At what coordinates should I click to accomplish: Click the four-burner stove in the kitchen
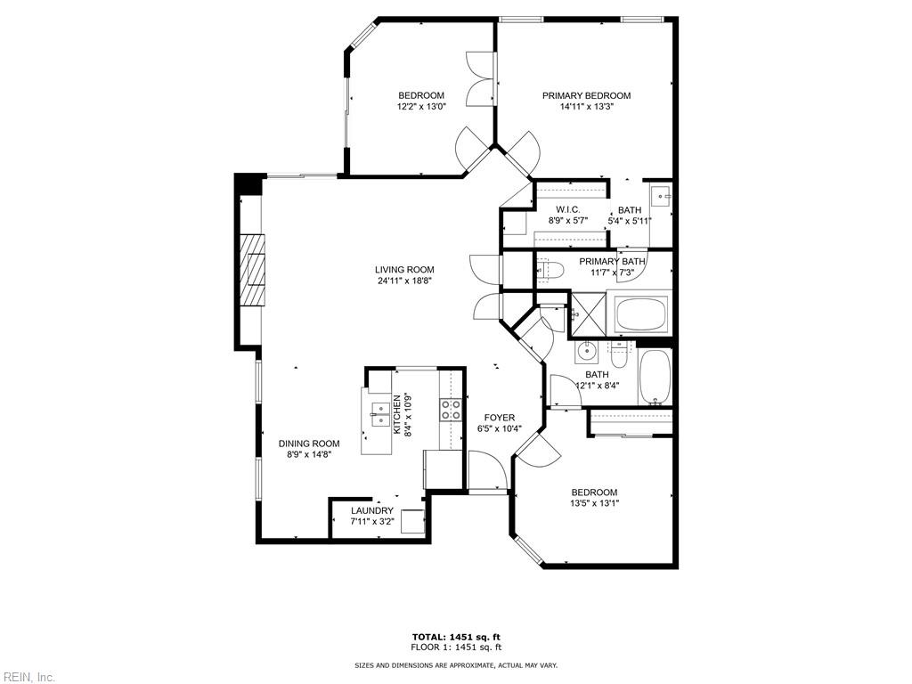click(x=452, y=409)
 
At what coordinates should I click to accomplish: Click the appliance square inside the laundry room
click(x=412, y=521)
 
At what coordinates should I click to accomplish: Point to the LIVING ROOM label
click(x=403, y=270)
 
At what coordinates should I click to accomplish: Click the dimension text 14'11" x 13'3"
click(x=586, y=107)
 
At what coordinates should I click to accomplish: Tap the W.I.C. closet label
click(x=567, y=210)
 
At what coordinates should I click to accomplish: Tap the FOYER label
click(x=499, y=418)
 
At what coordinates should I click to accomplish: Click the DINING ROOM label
click(x=309, y=444)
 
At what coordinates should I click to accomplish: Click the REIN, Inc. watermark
click(x=28, y=677)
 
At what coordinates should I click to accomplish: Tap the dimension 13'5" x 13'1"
click(x=593, y=503)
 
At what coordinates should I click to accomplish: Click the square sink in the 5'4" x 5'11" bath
click(x=662, y=195)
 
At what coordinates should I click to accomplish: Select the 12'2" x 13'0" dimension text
click(x=421, y=107)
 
